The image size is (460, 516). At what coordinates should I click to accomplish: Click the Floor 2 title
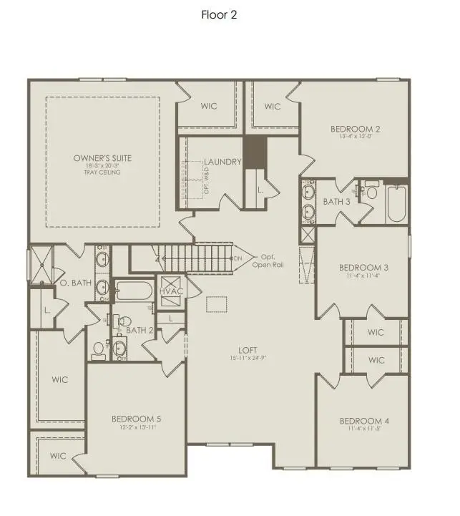218,14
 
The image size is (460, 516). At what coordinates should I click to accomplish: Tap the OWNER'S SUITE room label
103,157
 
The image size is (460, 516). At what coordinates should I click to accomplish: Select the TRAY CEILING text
103,172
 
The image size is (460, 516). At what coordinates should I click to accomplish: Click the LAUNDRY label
222,162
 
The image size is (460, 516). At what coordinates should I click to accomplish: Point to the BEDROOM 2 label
355,129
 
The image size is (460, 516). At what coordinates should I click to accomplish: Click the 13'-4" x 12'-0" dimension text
355,137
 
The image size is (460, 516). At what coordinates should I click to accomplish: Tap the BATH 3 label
336,202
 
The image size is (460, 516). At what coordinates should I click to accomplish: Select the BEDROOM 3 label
363,268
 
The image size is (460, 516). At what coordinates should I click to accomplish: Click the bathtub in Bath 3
396,203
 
